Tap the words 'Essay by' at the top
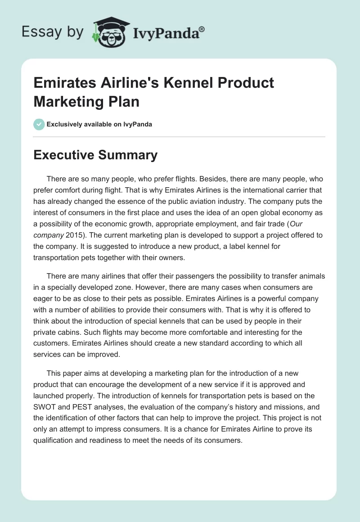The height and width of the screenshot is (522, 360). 53,31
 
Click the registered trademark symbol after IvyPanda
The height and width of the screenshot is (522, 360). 202,29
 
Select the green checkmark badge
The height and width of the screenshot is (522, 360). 39,124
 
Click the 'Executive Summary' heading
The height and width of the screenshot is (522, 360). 95,155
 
